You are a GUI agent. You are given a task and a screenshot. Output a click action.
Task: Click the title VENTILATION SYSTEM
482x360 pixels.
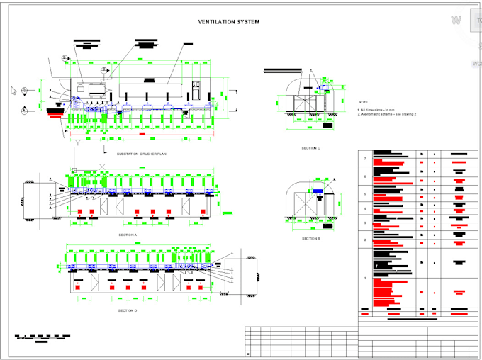(228, 22)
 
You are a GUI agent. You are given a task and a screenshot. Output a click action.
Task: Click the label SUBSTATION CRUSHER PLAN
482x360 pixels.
(141, 153)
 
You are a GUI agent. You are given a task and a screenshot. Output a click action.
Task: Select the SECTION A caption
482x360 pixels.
(128, 234)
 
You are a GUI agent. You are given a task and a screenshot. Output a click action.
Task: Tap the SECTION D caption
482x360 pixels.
(128, 310)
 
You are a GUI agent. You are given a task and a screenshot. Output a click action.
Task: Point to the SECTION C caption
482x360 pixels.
(310, 147)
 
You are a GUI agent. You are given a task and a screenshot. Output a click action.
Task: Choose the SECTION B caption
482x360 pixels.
(310, 238)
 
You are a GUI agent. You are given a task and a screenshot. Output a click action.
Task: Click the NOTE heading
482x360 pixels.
(363, 102)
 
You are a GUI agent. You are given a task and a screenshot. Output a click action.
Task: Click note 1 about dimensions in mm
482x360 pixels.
(375, 110)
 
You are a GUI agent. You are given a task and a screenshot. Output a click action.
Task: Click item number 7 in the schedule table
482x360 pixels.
(365, 158)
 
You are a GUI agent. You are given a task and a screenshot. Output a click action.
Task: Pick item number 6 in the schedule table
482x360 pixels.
(365, 176)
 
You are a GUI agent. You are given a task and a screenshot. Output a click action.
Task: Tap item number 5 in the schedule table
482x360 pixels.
(365, 193)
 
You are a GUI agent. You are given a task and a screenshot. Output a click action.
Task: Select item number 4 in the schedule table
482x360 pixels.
(365, 209)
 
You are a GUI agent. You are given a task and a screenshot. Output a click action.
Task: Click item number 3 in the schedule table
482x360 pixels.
(365, 223)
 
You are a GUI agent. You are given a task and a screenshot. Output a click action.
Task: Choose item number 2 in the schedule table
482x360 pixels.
(365, 240)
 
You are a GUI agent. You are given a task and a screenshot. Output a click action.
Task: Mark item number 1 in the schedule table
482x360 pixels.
(365, 278)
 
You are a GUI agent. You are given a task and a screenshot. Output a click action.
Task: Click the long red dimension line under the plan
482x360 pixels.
(142, 133)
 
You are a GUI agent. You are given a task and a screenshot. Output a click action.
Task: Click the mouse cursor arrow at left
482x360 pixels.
(13, 90)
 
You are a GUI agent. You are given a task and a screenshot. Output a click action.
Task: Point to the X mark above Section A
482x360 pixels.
(103, 166)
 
